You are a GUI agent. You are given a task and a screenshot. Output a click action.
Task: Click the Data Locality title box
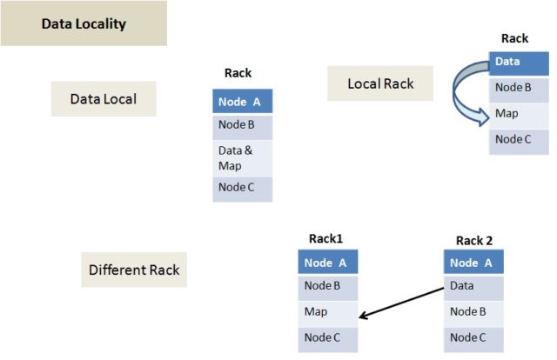click(84, 23)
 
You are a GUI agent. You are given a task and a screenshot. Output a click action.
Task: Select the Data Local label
click(103, 98)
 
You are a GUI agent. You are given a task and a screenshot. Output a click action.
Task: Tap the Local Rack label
click(380, 83)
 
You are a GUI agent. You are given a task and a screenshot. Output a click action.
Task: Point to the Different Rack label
click(134, 270)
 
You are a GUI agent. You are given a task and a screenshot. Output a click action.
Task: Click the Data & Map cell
click(242, 158)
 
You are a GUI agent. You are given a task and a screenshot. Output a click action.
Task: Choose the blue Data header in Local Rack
click(519, 63)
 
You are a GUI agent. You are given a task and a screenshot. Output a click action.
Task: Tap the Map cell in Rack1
click(327, 312)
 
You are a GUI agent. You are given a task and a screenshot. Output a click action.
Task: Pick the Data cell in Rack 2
click(473, 287)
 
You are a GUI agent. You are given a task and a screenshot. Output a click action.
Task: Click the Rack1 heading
click(326, 239)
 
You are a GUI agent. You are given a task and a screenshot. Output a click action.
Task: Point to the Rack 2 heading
click(474, 240)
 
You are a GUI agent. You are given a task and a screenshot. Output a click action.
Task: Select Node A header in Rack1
click(327, 263)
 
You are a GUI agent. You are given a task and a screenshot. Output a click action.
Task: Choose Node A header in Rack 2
click(473, 263)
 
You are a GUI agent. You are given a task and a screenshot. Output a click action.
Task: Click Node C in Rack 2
click(473, 337)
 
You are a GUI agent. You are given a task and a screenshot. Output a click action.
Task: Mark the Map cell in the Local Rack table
click(519, 114)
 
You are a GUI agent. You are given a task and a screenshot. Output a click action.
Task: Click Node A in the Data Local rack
click(242, 102)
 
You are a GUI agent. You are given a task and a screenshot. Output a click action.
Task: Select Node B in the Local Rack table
click(519, 88)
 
